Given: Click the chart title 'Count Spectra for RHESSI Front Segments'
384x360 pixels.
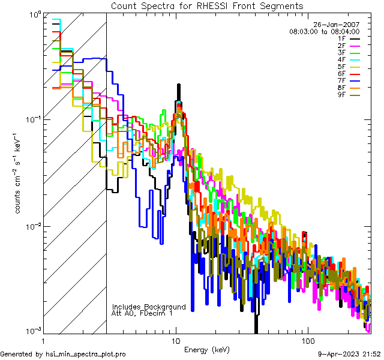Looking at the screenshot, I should click(207, 5).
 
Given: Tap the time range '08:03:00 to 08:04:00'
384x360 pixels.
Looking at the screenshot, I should click(324, 31).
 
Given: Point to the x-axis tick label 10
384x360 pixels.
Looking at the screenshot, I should click(176, 340).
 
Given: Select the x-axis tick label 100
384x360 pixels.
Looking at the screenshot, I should click(307, 340).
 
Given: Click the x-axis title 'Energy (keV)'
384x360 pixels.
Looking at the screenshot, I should click(206, 349).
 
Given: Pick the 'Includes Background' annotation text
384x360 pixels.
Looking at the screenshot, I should click(149, 307).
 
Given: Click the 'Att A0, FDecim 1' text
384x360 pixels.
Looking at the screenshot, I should click(142, 314).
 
